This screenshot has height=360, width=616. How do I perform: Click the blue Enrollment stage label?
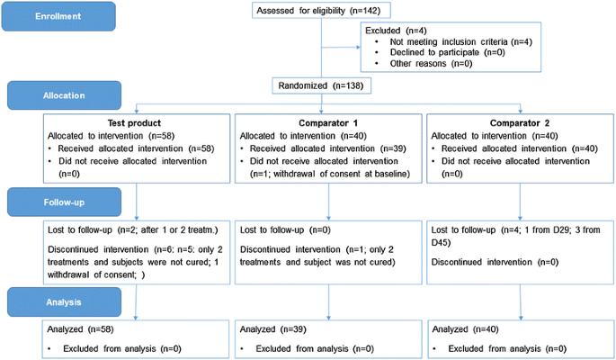(x=59, y=14)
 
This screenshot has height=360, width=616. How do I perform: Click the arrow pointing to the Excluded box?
(x=342, y=46)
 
